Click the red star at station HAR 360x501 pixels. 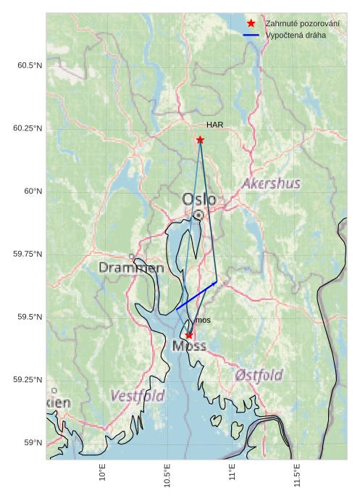point(200,139)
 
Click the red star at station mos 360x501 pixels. point(189,335)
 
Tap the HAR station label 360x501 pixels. point(214,125)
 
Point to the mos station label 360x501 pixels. point(203,320)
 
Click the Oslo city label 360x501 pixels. point(198,199)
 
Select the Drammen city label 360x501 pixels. point(131,268)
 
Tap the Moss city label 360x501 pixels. point(189,347)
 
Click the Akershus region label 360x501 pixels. point(271,183)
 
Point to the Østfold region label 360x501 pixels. point(259,375)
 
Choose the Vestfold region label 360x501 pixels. point(137,396)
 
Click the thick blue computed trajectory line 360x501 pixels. point(196,296)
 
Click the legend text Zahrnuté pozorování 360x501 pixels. point(302,23)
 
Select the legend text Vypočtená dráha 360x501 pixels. point(296,35)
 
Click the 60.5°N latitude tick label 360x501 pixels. point(30,66)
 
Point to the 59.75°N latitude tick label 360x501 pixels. point(28,254)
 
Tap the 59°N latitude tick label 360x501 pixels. point(33,443)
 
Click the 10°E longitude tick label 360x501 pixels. point(103,475)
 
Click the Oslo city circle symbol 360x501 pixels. point(198,215)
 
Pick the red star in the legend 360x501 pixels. point(251,23)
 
